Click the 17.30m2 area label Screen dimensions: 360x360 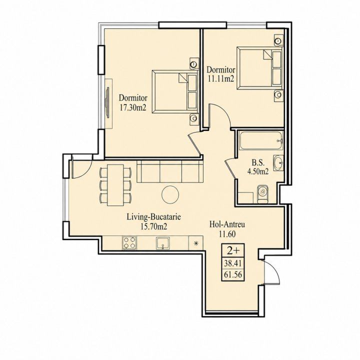click(x=133, y=108)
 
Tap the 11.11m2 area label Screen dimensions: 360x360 click(x=221, y=79)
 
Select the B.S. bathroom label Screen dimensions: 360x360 click(x=258, y=163)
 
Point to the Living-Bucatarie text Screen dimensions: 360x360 click(x=154, y=216)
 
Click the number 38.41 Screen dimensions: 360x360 click(x=233, y=263)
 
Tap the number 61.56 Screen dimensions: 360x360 click(x=233, y=274)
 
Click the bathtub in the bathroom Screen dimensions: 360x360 click(x=261, y=140)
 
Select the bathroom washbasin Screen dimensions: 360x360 click(x=278, y=163)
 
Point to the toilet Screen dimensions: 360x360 click(x=263, y=194)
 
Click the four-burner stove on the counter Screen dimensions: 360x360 click(x=129, y=243)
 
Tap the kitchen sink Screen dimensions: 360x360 click(x=163, y=243)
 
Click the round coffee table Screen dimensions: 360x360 click(x=170, y=194)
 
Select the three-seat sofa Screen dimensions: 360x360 click(x=170, y=171)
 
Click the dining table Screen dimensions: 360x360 click(x=115, y=185)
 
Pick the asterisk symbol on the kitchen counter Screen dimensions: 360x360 click(x=196, y=243)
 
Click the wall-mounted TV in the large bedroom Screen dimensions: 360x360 click(x=107, y=102)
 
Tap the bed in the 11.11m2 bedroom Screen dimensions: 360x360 click(x=259, y=67)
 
